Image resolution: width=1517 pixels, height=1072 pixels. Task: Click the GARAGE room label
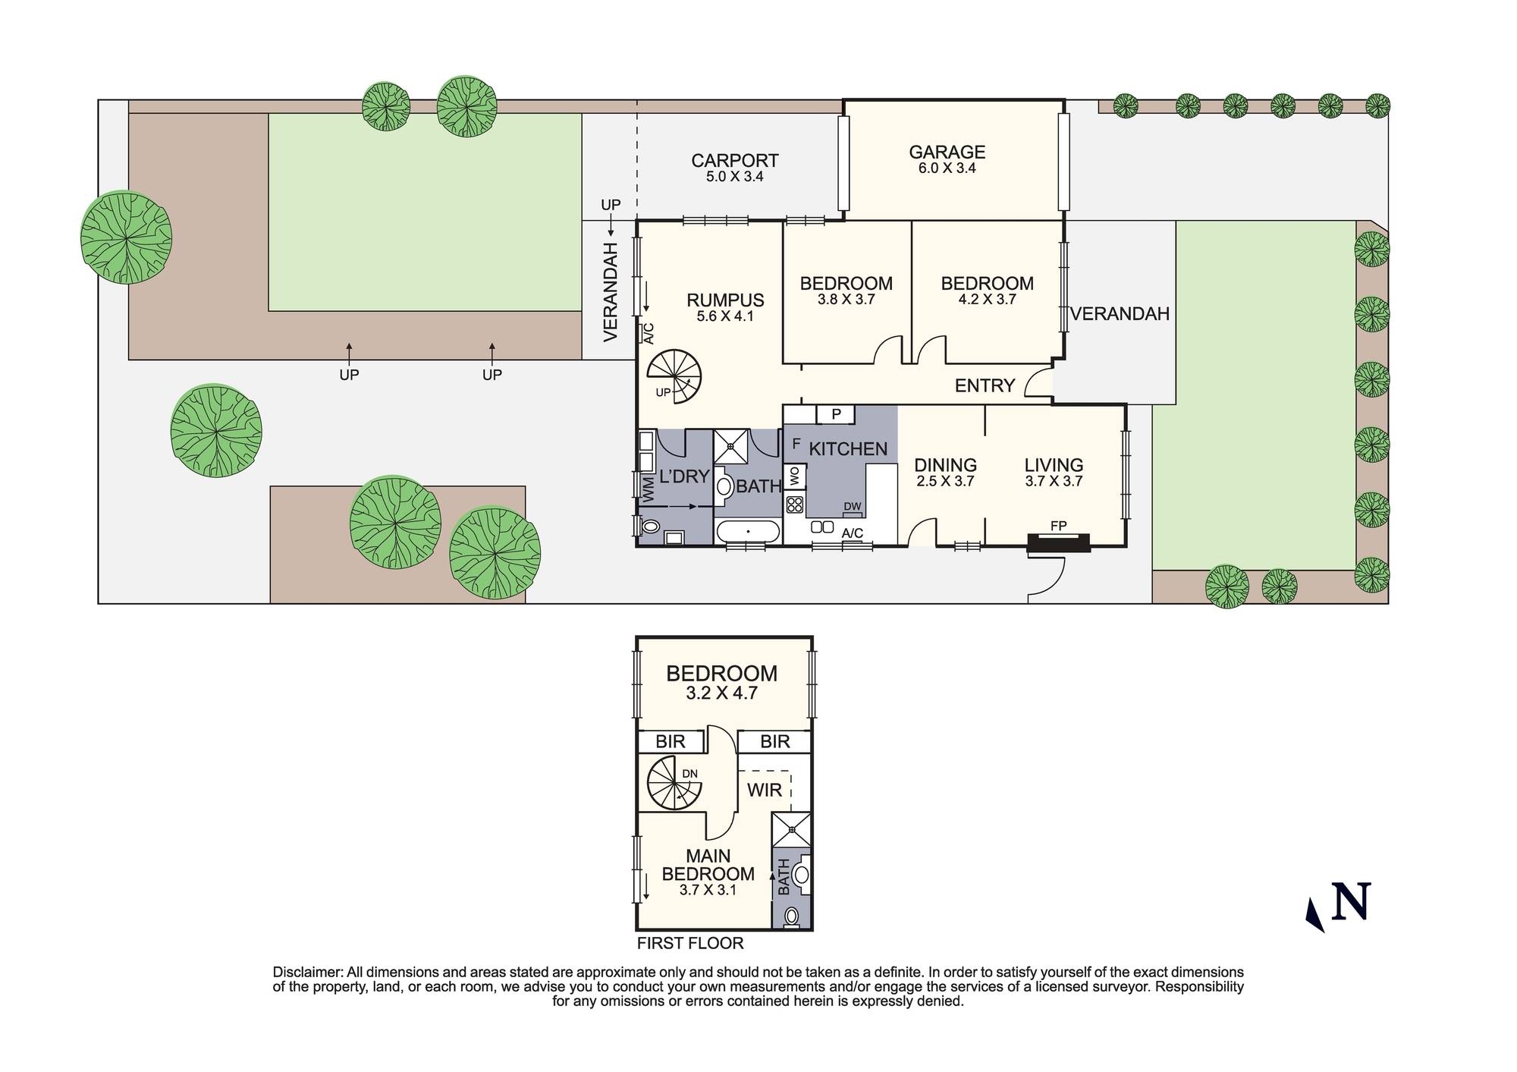(947, 152)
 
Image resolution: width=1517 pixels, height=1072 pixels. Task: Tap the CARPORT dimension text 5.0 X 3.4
(734, 177)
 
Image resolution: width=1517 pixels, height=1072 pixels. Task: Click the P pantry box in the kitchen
(836, 414)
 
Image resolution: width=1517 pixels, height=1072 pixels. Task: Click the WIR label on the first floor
(764, 790)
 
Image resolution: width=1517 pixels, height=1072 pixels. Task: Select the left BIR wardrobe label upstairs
(670, 741)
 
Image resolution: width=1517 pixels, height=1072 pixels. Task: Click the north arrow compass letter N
(1351, 901)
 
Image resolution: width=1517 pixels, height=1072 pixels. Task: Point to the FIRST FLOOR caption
(689, 943)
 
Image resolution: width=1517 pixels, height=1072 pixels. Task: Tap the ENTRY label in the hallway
(984, 385)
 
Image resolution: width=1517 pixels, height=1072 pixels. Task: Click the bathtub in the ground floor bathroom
(748, 532)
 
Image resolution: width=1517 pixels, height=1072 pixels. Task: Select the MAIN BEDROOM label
(708, 865)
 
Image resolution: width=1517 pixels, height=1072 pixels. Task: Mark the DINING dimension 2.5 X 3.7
(944, 481)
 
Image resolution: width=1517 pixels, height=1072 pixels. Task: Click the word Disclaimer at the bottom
(306, 972)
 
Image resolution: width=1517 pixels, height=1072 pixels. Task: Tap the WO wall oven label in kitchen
(795, 476)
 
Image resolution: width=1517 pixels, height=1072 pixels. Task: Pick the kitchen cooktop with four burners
(795, 504)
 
